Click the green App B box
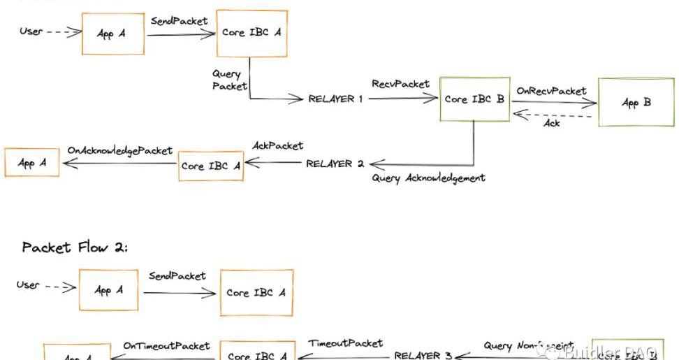(636, 103)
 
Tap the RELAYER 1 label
(335, 99)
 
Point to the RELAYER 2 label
(335, 164)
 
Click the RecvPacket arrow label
(400, 84)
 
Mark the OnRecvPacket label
(551, 91)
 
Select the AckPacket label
(277, 145)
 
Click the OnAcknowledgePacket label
(119, 150)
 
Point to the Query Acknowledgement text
(428, 178)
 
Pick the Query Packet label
(229, 80)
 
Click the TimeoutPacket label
(345, 343)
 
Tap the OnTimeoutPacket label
(166, 345)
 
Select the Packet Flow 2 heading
(75, 247)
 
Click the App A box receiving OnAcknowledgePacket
(31, 163)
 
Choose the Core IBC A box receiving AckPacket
(211, 166)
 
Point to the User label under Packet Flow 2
(28, 285)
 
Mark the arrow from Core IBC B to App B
(553, 102)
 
